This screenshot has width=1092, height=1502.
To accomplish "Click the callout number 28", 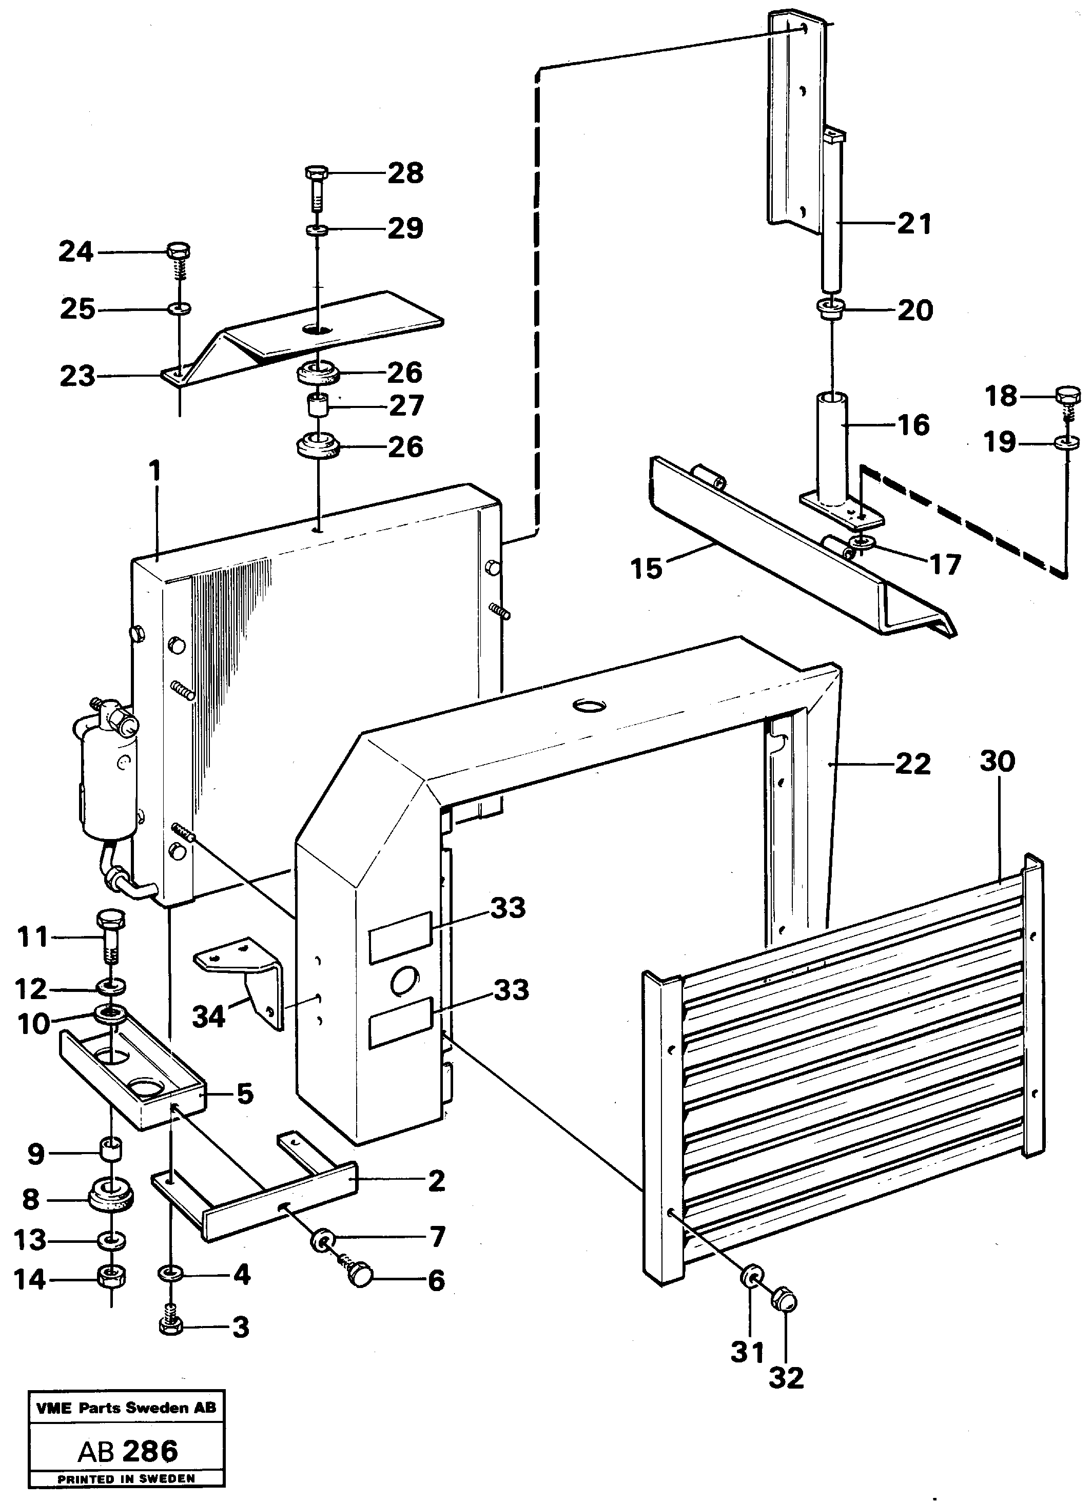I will click(405, 173).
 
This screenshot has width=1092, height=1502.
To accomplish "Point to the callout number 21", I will click(914, 224).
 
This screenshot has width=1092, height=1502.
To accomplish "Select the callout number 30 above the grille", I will click(997, 762).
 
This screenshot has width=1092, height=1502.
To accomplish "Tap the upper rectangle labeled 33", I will click(400, 937).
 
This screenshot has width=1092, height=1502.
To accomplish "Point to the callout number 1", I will click(155, 472).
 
